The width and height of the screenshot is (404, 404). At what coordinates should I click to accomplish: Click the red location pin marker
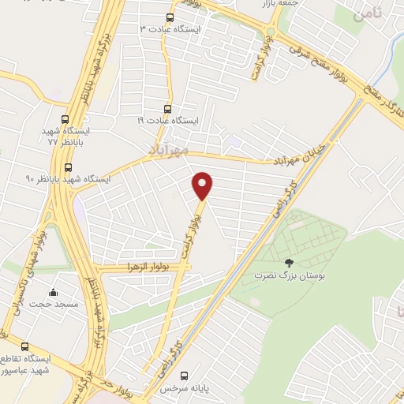point(203,185)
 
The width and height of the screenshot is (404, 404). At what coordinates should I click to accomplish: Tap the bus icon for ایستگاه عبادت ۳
point(170,17)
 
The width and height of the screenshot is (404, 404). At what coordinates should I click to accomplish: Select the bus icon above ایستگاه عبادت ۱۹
point(166,109)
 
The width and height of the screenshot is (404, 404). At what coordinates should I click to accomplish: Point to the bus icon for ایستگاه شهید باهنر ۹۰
point(69,167)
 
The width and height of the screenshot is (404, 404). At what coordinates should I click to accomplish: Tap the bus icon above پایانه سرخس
point(185,376)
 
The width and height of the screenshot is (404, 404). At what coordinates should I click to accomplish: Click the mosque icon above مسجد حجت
point(53,292)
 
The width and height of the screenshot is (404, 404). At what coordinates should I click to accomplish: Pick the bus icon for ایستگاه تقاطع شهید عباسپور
point(25,346)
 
